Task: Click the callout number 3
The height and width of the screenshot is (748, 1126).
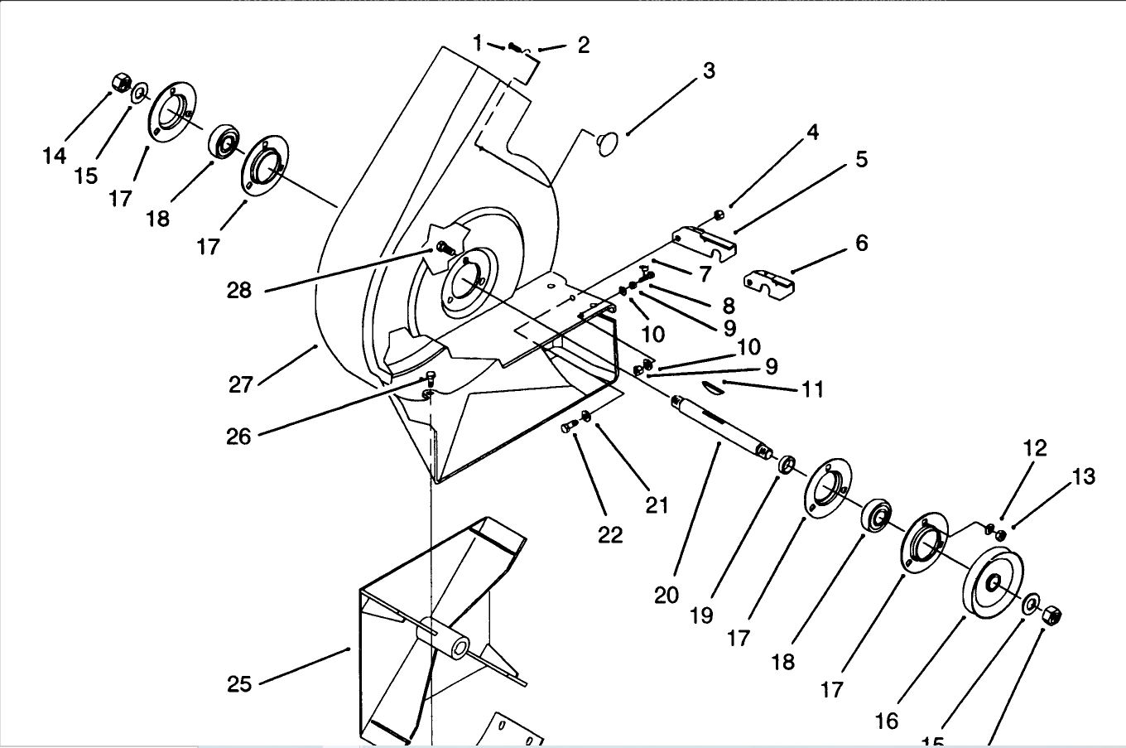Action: point(709,71)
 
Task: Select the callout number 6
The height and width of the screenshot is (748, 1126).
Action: point(861,243)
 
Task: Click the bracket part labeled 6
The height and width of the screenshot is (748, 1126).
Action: point(769,282)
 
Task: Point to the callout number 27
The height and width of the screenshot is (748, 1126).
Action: point(241,385)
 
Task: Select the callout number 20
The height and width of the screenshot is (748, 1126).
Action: point(666,595)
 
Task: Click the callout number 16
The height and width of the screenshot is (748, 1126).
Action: point(886,721)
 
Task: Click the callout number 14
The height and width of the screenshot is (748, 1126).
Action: point(55,155)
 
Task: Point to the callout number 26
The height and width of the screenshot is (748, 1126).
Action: point(238,436)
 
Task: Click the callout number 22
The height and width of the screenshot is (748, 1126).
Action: point(610,534)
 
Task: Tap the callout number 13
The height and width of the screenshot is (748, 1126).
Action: point(1083,476)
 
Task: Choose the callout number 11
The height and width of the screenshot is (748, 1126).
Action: point(813,388)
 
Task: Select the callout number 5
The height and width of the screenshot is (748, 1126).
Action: point(861,159)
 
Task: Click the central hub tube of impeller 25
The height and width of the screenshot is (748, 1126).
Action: point(444,637)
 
